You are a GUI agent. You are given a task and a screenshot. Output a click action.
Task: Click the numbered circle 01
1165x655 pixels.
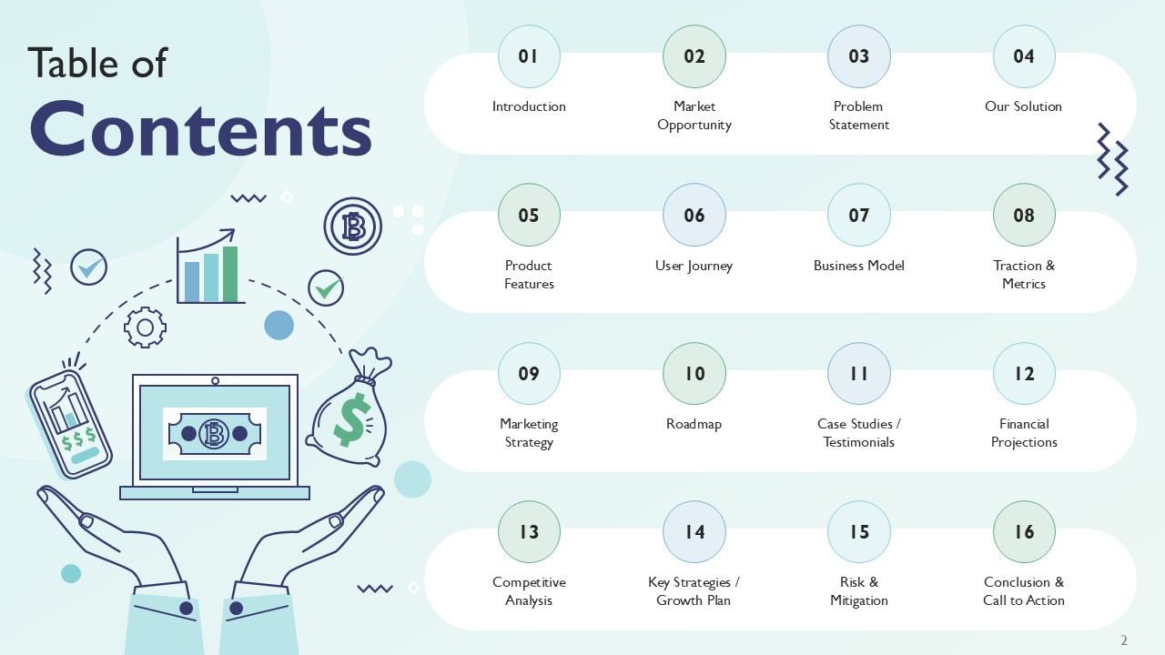[529, 56]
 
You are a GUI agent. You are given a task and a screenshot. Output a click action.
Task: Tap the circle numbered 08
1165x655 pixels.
[1024, 216]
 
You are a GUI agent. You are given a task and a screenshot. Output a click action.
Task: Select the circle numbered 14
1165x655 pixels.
[694, 532]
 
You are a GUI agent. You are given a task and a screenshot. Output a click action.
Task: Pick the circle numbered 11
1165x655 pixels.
[859, 374]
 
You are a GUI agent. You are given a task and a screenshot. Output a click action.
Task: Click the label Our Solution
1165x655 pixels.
[1023, 106]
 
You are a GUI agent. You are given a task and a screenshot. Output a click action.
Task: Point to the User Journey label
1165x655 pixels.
[694, 266]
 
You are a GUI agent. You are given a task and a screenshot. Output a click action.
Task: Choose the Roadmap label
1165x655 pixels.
[694, 424]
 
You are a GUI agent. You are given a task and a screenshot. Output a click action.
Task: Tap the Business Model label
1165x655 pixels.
[859, 266]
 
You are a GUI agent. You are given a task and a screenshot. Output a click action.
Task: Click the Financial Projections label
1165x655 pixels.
[1024, 433]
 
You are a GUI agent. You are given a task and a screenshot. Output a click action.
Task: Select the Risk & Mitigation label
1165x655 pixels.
[859, 591]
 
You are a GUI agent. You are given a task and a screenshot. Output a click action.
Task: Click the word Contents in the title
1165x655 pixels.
[201, 129]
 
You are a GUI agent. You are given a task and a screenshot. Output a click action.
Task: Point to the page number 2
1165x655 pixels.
[1124, 640]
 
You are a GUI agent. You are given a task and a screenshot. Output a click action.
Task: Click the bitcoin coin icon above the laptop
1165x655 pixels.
[352, 227]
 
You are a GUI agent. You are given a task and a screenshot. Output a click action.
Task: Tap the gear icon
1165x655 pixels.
[145, 327]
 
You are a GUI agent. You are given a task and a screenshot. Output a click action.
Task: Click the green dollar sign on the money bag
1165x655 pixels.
[350, 421]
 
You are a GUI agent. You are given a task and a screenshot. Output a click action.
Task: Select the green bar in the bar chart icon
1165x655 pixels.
[230, 274]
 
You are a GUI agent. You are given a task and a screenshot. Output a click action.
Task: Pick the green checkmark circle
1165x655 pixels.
[326, 288]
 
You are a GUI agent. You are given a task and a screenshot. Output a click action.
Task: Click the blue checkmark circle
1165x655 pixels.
[89, 267]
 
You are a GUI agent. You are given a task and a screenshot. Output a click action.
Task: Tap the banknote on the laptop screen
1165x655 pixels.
[215, 434]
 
